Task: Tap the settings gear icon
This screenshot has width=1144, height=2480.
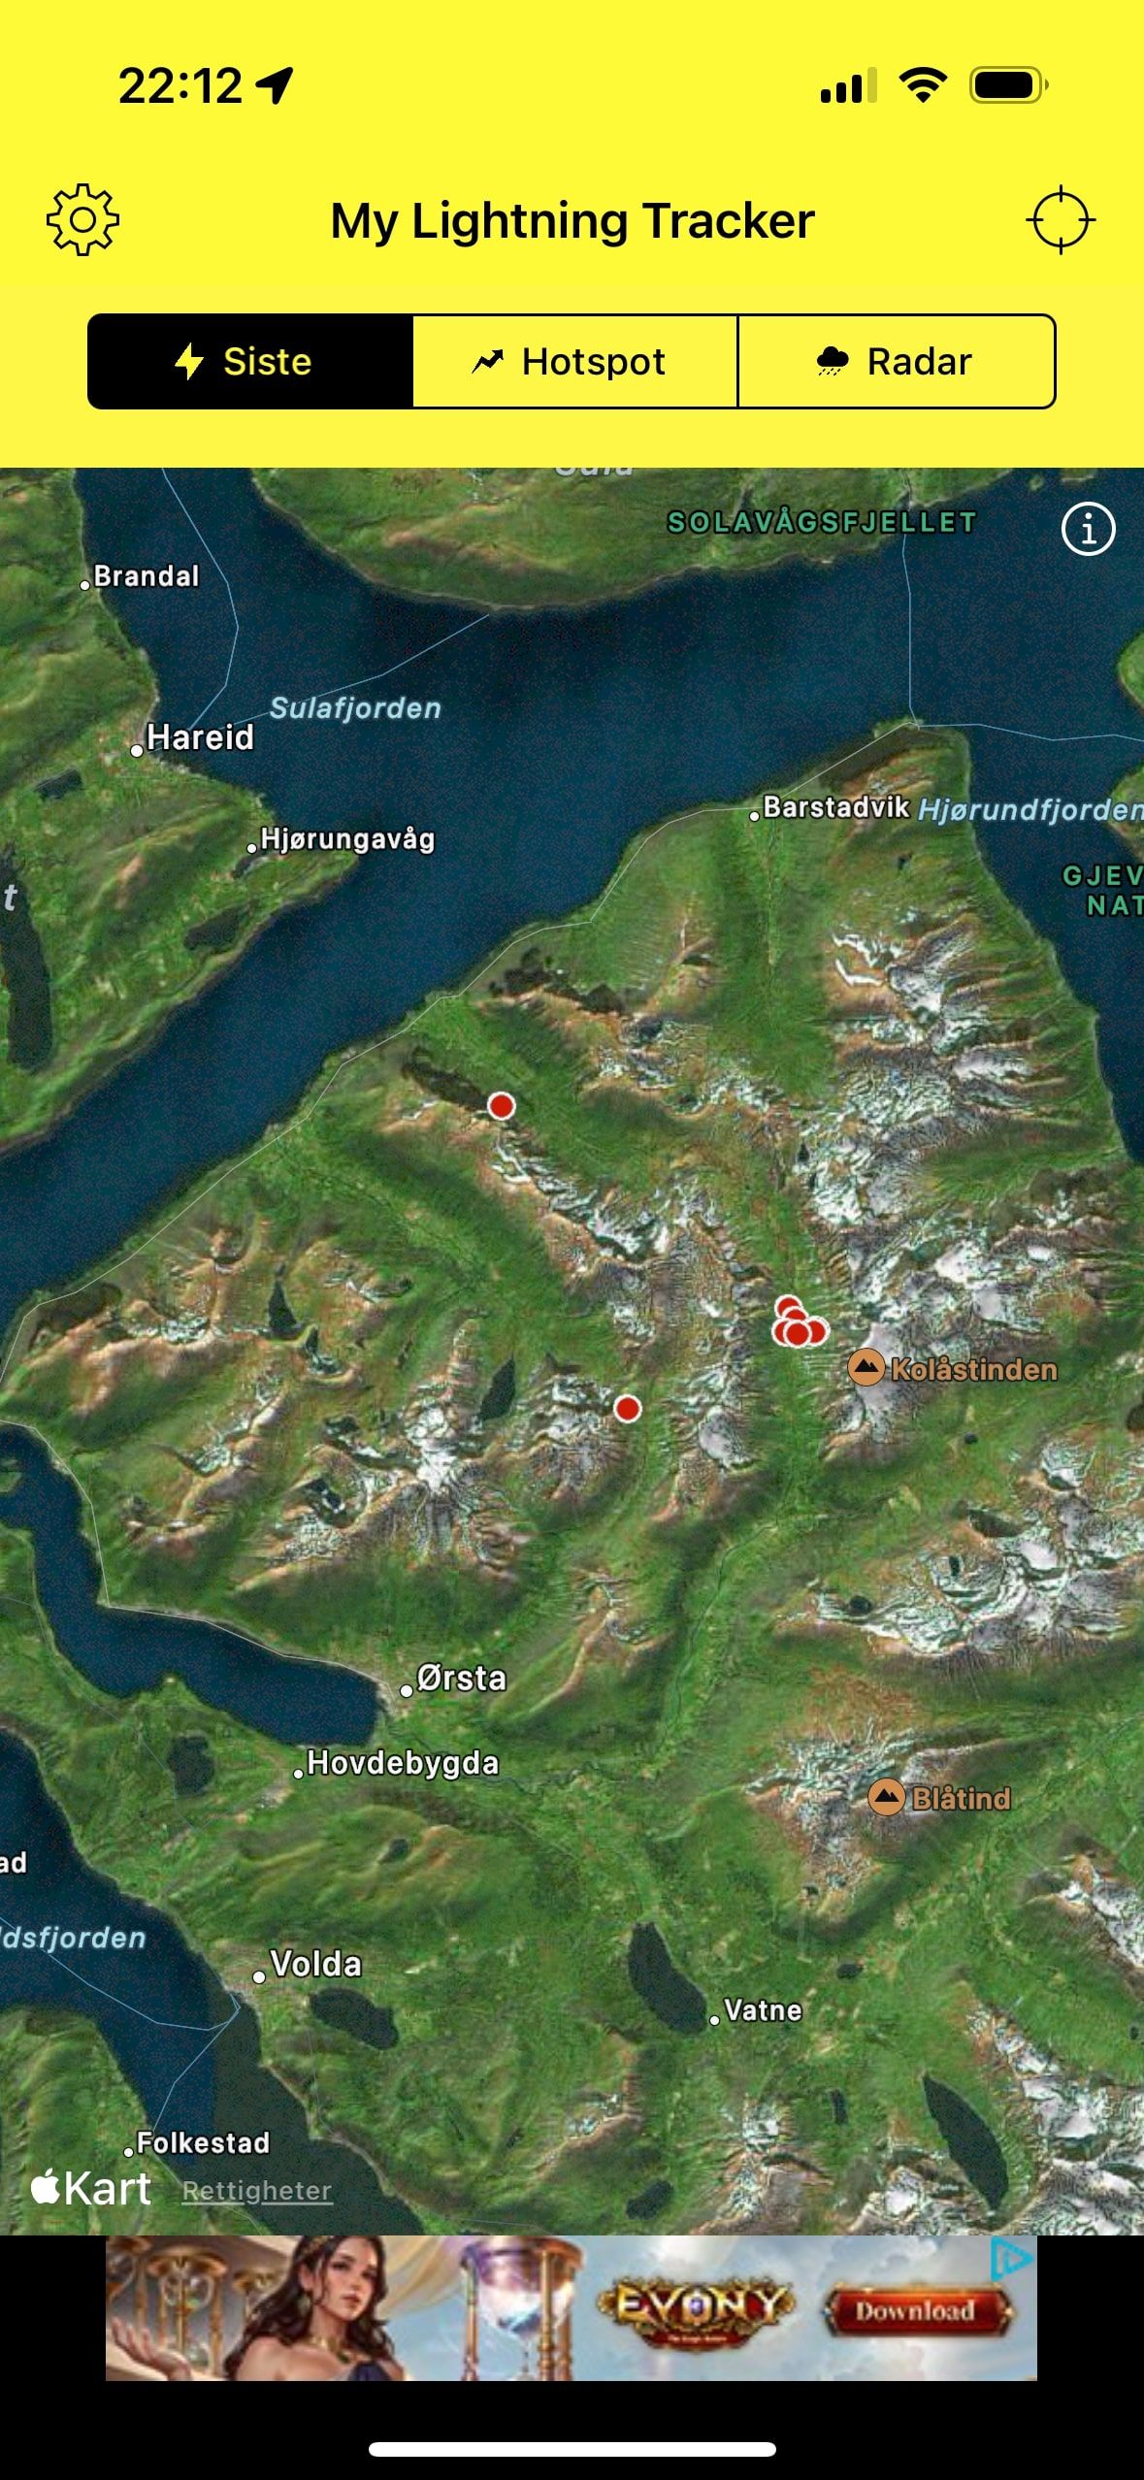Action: click(x=83, y=220)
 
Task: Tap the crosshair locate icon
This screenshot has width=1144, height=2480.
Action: click(x=1060, y=220)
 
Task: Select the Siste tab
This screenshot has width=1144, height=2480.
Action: click(x=250, y=362)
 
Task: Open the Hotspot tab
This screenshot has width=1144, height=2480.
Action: click(x=574, y=362)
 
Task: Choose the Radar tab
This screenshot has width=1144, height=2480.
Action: click(x=897, y=362)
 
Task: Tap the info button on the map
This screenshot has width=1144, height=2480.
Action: click(x=1088, y=530)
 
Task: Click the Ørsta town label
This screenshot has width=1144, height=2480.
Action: click(x=460, y=1679)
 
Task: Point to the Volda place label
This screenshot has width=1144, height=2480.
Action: click(x=314, y=1965)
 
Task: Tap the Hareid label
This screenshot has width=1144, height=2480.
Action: click(x=199, y=738)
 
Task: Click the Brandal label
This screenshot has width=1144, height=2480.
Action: click(x=146, y=576)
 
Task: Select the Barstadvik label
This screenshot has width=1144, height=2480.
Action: click(x=835, y=807)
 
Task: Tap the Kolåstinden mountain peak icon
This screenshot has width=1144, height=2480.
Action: click(x=866, y=1368)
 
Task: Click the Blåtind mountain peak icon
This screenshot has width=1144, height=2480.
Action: click(x=886, y=1797)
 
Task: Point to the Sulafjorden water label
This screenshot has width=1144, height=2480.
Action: click(x=355, y=708)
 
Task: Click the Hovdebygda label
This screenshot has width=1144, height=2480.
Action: click(x=402, y=1763)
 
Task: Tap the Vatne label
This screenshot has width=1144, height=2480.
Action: click(x=763, y=2010)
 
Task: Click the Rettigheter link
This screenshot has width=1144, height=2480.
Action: click(x=257, y=2190)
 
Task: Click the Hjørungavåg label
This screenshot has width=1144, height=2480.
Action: click(x=346, y=839)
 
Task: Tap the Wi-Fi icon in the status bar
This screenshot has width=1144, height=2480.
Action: click(x=923, y=85)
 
